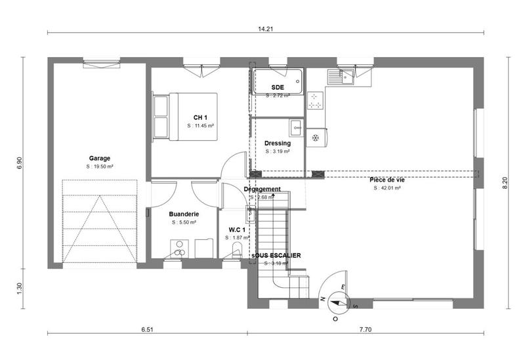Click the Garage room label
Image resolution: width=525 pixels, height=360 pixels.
[100, 158]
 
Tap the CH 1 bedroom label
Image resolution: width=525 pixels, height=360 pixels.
[200, 117]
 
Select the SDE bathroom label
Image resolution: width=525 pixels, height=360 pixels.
[277, 87]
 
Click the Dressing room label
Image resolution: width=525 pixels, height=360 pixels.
[277, 143]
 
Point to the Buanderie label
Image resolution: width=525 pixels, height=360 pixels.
[184, 214]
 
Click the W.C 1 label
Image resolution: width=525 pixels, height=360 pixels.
[237, 230]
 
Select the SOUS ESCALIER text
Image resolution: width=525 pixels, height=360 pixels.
[277, 255]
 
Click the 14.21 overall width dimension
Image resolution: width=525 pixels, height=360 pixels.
[266, 28]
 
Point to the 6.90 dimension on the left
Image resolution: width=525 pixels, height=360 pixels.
[19, 163]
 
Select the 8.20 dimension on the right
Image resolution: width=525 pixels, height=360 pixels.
[505, 182]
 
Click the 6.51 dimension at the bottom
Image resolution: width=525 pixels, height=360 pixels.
[147, 330]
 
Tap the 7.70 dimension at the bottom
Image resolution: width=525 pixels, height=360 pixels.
[366, 330]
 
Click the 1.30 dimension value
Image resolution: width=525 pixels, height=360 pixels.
[19, 287]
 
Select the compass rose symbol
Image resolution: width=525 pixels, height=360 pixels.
[339, 302]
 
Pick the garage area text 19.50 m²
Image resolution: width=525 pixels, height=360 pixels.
[100, 167]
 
